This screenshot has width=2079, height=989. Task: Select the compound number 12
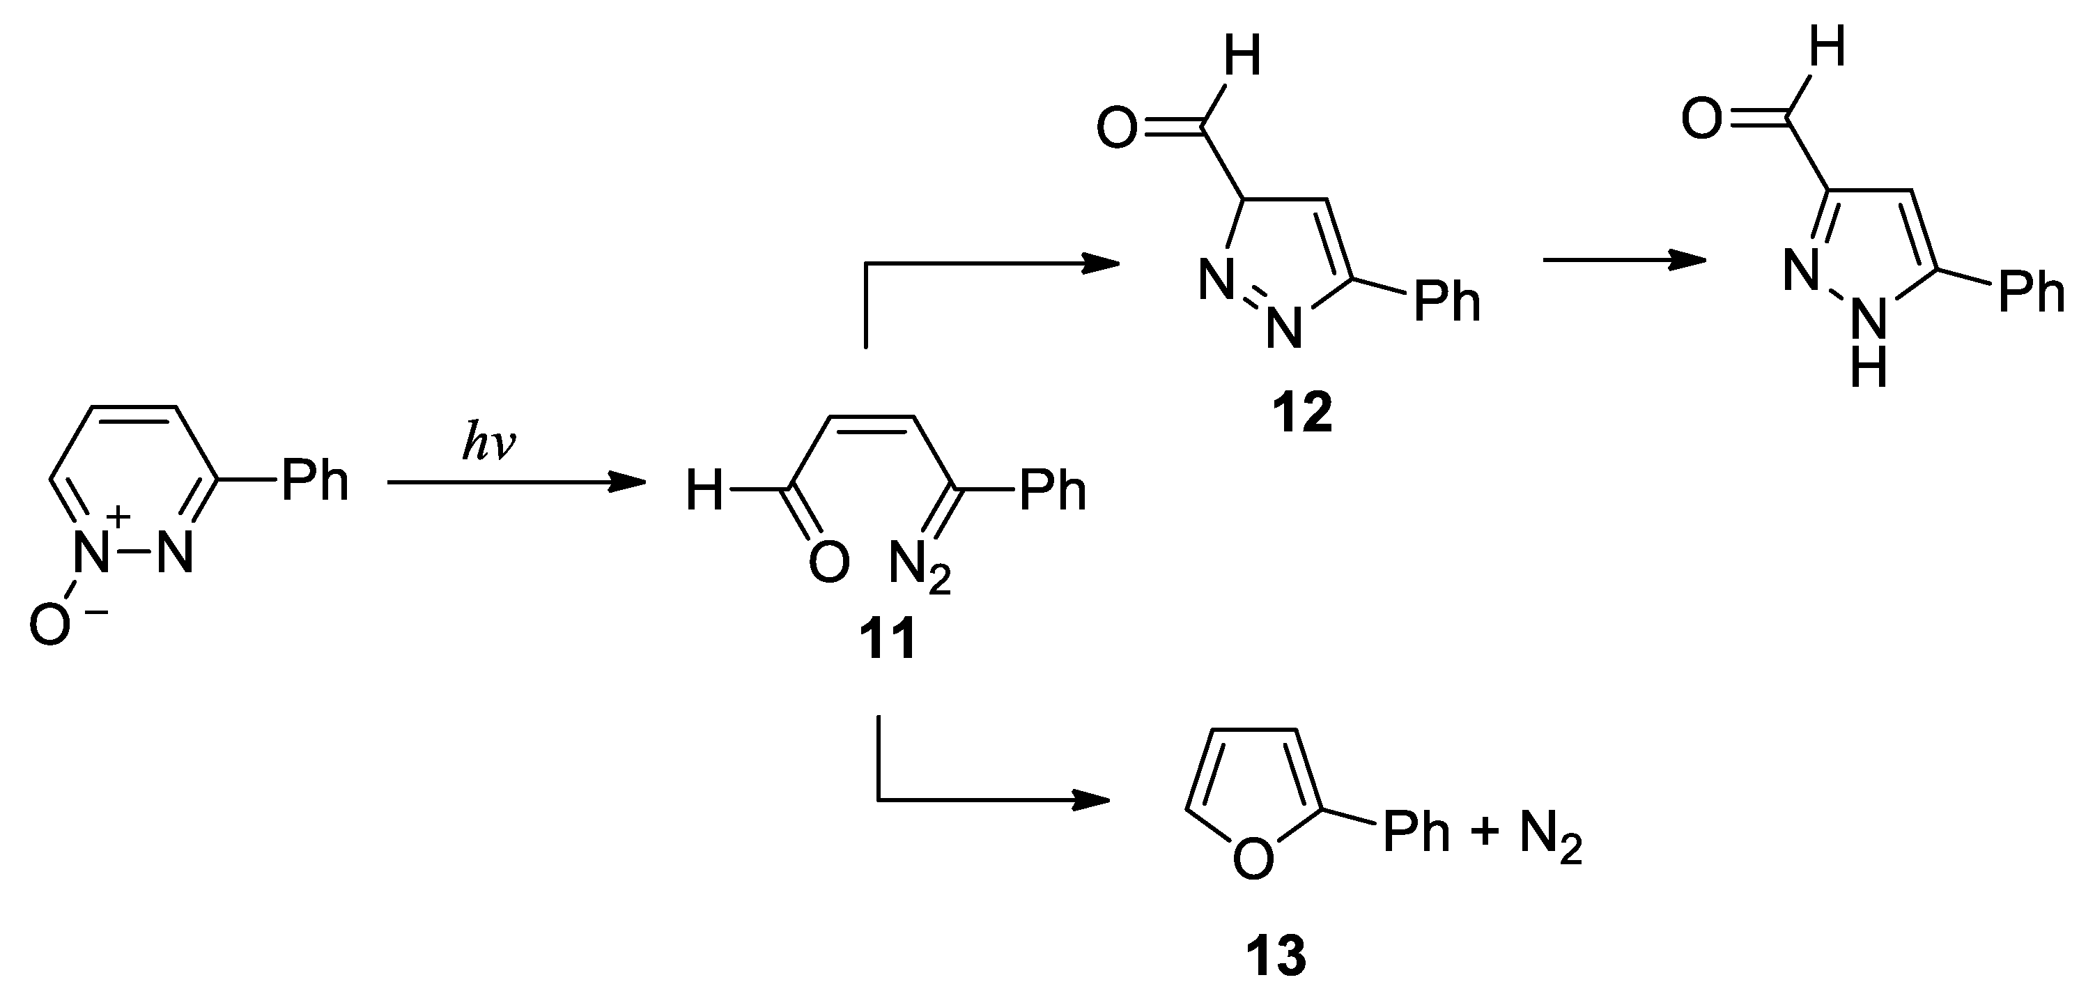click(1301, 413)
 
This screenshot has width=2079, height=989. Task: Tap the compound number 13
click(1275, 957)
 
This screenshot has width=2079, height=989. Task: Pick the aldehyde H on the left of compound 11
click(704, 491)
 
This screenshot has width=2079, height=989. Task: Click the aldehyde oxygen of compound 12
click(1117, 129)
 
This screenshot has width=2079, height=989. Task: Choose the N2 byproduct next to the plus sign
click(1549, 836)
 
